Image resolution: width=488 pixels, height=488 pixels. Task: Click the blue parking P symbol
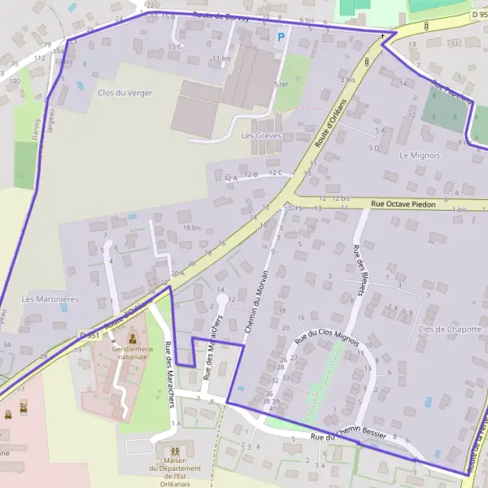click(x=282, y=36)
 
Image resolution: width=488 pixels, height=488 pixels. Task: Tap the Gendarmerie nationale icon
click(x=133, y=338)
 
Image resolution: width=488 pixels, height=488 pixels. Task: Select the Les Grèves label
click(x=260, y=135)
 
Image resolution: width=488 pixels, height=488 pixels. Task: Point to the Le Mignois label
click(x=420, y=155)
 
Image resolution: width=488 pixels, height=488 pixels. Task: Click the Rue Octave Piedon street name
click(x=403, y=205)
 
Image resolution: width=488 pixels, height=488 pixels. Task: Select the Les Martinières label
click(x=50, y=299)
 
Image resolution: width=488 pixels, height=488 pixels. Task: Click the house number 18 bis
click(x=191, y=228)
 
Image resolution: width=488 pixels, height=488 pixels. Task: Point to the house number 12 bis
click(x=339, y=198)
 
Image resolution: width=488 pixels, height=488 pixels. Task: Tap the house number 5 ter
click(x=281, y=84)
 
